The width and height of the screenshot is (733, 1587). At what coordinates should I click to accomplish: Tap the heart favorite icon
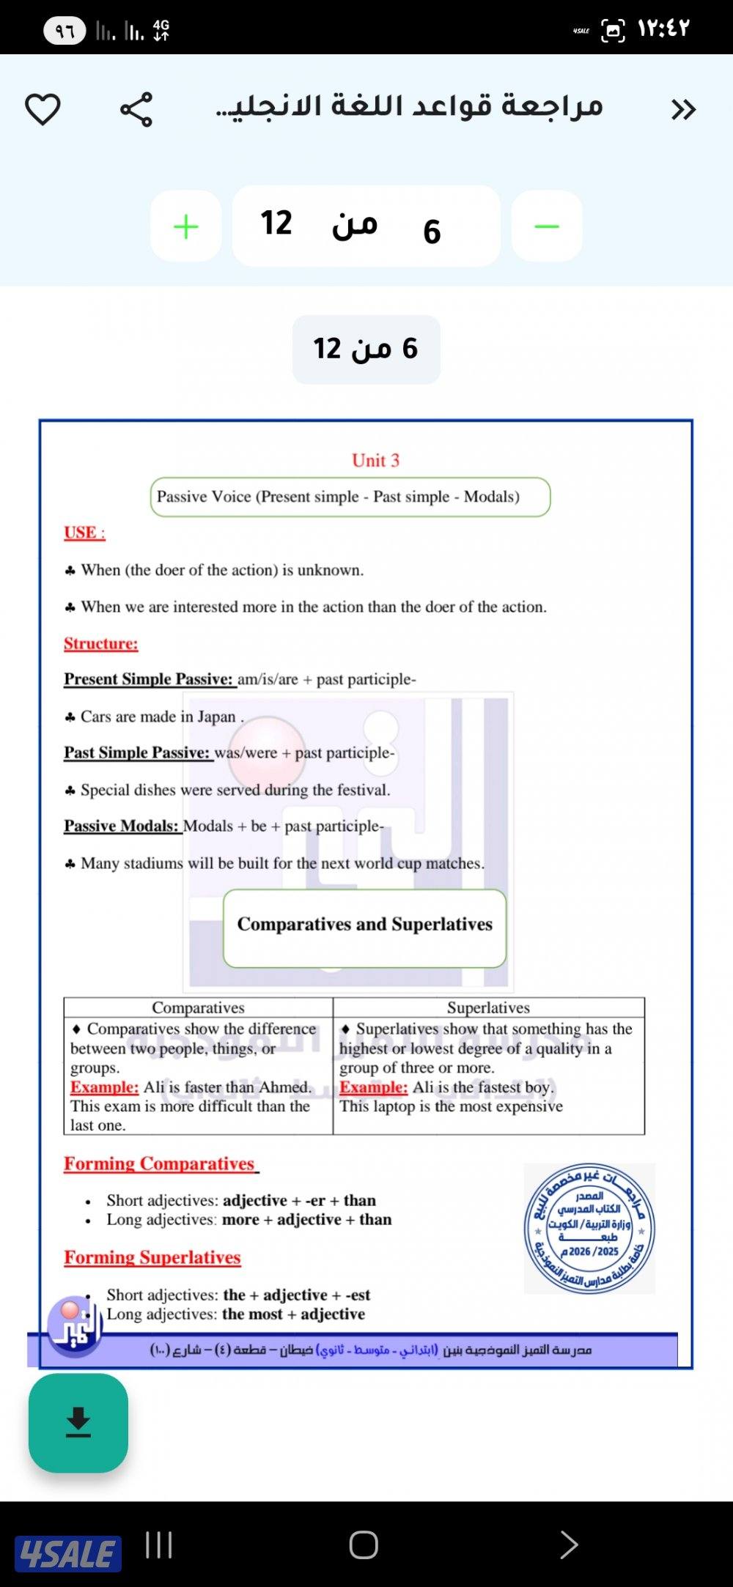(x=43, y=109)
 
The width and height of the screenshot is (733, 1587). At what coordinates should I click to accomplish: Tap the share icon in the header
(x=136, y=110)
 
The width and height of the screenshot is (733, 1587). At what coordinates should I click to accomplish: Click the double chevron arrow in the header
(x=683, y=110)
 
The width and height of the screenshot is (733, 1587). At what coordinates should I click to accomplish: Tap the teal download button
(x=78, y=1422)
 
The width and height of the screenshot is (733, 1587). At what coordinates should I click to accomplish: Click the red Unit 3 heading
(x=375, y=460)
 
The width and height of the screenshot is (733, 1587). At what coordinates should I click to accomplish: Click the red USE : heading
(x=84, y=533)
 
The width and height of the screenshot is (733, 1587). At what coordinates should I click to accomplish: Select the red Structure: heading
(x=100, y=643)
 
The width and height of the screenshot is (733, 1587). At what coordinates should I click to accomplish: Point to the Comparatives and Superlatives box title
(x=364, y=924)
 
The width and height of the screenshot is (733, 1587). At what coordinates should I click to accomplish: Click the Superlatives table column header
(x=488, y=1007)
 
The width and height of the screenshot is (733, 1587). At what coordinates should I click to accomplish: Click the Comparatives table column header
(x=198, y=1007)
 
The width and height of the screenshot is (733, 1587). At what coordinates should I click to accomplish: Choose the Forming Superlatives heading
(x=152, y=1257)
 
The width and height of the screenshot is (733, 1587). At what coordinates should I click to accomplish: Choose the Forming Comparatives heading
(x=159, y=1164)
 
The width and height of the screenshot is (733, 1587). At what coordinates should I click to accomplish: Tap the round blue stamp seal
(x=589, y=1228)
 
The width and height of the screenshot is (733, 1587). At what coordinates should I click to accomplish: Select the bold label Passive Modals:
(x=121, y=826)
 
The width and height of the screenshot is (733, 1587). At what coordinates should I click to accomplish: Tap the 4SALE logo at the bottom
(x=67, y=1553)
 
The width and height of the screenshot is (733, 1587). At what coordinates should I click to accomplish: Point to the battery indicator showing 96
(x=65, y=31)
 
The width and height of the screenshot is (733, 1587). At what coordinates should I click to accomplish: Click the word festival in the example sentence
(x=362, y=790)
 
